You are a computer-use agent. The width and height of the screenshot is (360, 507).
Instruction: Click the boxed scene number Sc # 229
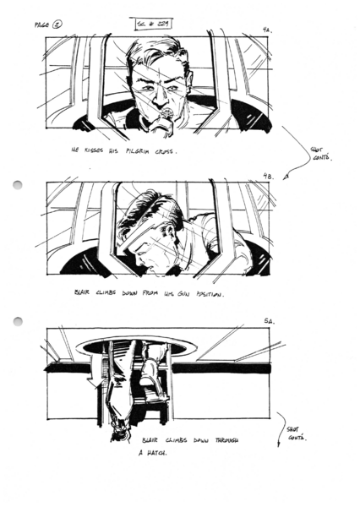[153, 24]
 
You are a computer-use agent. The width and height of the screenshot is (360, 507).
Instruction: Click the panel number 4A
[267, 30]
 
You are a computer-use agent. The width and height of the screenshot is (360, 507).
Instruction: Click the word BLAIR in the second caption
[83, 293]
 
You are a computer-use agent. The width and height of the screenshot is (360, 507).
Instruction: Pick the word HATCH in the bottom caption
[152, 454]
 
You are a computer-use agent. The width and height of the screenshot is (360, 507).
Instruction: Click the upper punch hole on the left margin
[16, 185]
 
